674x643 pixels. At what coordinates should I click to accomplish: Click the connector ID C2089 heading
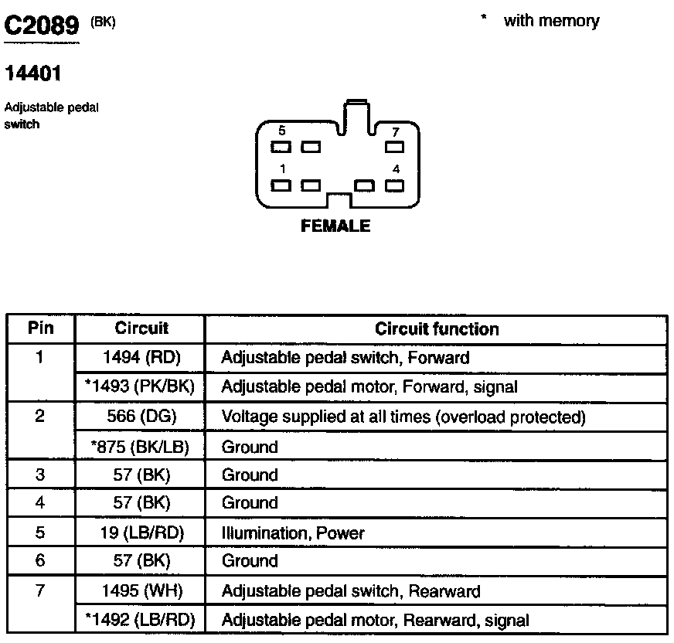click(x=42, y=27)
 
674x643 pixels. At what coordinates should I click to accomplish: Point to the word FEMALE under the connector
click(x=335, y=226)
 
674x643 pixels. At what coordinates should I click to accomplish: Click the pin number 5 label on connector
click(x=281, y=131)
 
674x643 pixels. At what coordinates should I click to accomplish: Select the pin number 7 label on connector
click(x=396, y=132)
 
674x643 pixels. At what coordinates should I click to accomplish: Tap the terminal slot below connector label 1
click(x=281, y=185)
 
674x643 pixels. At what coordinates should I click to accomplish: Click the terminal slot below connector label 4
click(x=395, y=185)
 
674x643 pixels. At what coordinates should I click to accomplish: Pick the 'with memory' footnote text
click(x=550, y=21)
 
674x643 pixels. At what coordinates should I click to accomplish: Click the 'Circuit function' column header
click(x=437, y=328)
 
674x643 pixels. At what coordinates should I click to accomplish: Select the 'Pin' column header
click(x=40, y=328)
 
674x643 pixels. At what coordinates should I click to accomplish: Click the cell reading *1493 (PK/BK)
click(x=140, y=386)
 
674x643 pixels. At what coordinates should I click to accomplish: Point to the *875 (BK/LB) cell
click(x=140, y=447)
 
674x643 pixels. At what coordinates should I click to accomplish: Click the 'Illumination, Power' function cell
click(x=293, y=532)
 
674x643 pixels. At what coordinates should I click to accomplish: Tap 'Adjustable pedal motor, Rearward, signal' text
click(x=376, y=620)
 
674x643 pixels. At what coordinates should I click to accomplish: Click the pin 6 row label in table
click(x=40, y=562)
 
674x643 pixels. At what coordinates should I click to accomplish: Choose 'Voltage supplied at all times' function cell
click(x=403, y=417)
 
